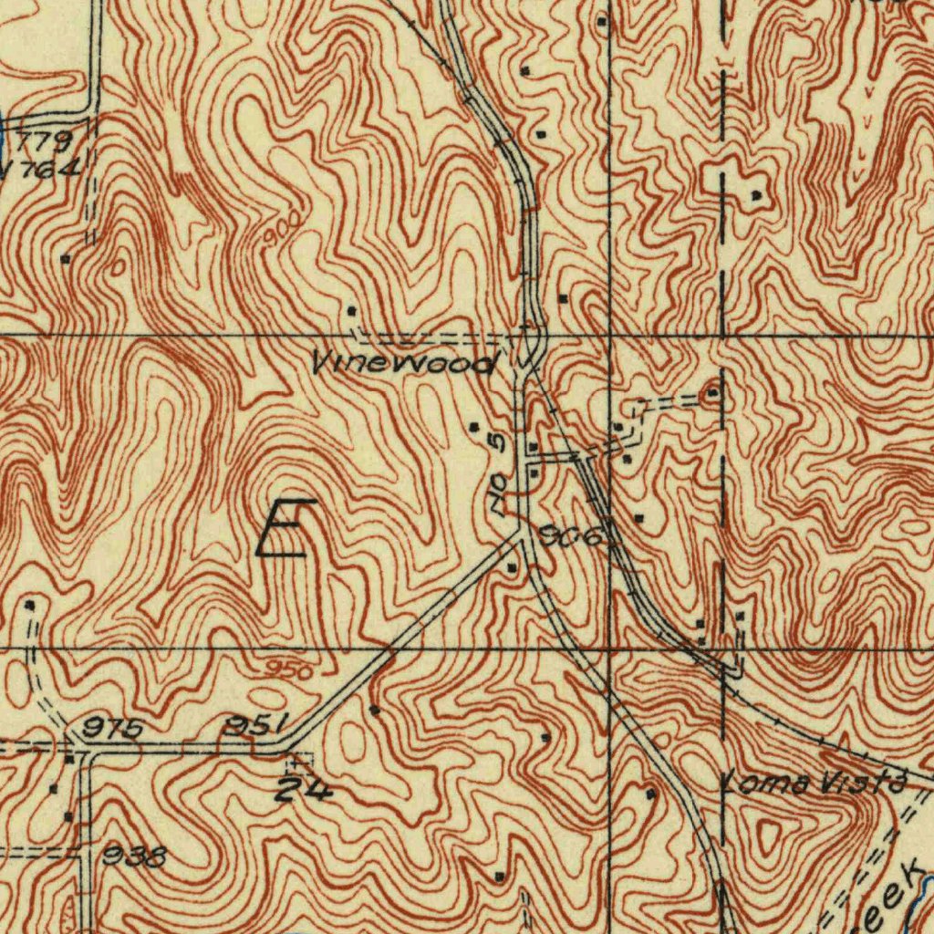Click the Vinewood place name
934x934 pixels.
pyautogui.click(x=405, y=364)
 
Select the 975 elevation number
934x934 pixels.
pyautogui.click(x=113, y=729)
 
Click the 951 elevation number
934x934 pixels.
pyautogui.click(x=257, y=726)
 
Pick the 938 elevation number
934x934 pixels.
pyautogui.click(x=135, y=856)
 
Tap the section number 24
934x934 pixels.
pyautogui.click(x=305, y=790)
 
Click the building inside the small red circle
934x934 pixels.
pyautogui.click(x=711, y=394)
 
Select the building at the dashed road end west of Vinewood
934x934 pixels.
pyautogui.click(x=352, y=312)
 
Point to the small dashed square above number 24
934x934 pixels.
pyautogui.click(x=298, y=760)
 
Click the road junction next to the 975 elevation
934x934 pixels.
pyautogui.click(x=81, y=745)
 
